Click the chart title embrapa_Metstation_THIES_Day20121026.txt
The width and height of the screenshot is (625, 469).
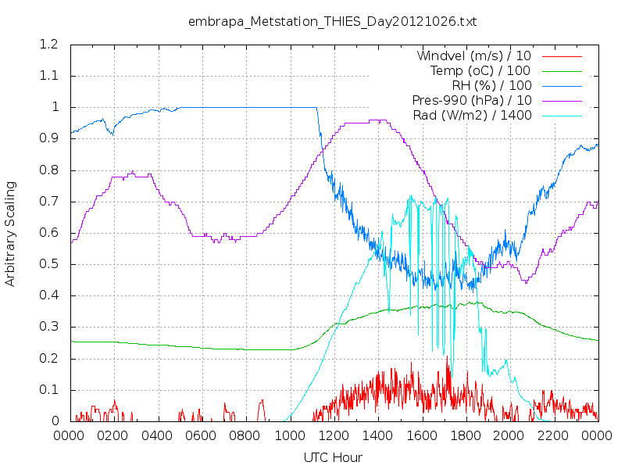[332, 21]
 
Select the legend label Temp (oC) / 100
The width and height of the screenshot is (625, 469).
[480, 70]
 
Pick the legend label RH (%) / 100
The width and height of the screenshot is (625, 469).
[492, 85]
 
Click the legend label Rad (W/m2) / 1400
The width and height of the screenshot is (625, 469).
[473, 116]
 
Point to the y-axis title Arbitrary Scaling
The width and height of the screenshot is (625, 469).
[10, 234]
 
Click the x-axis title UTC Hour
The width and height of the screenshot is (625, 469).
[333, 457]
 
